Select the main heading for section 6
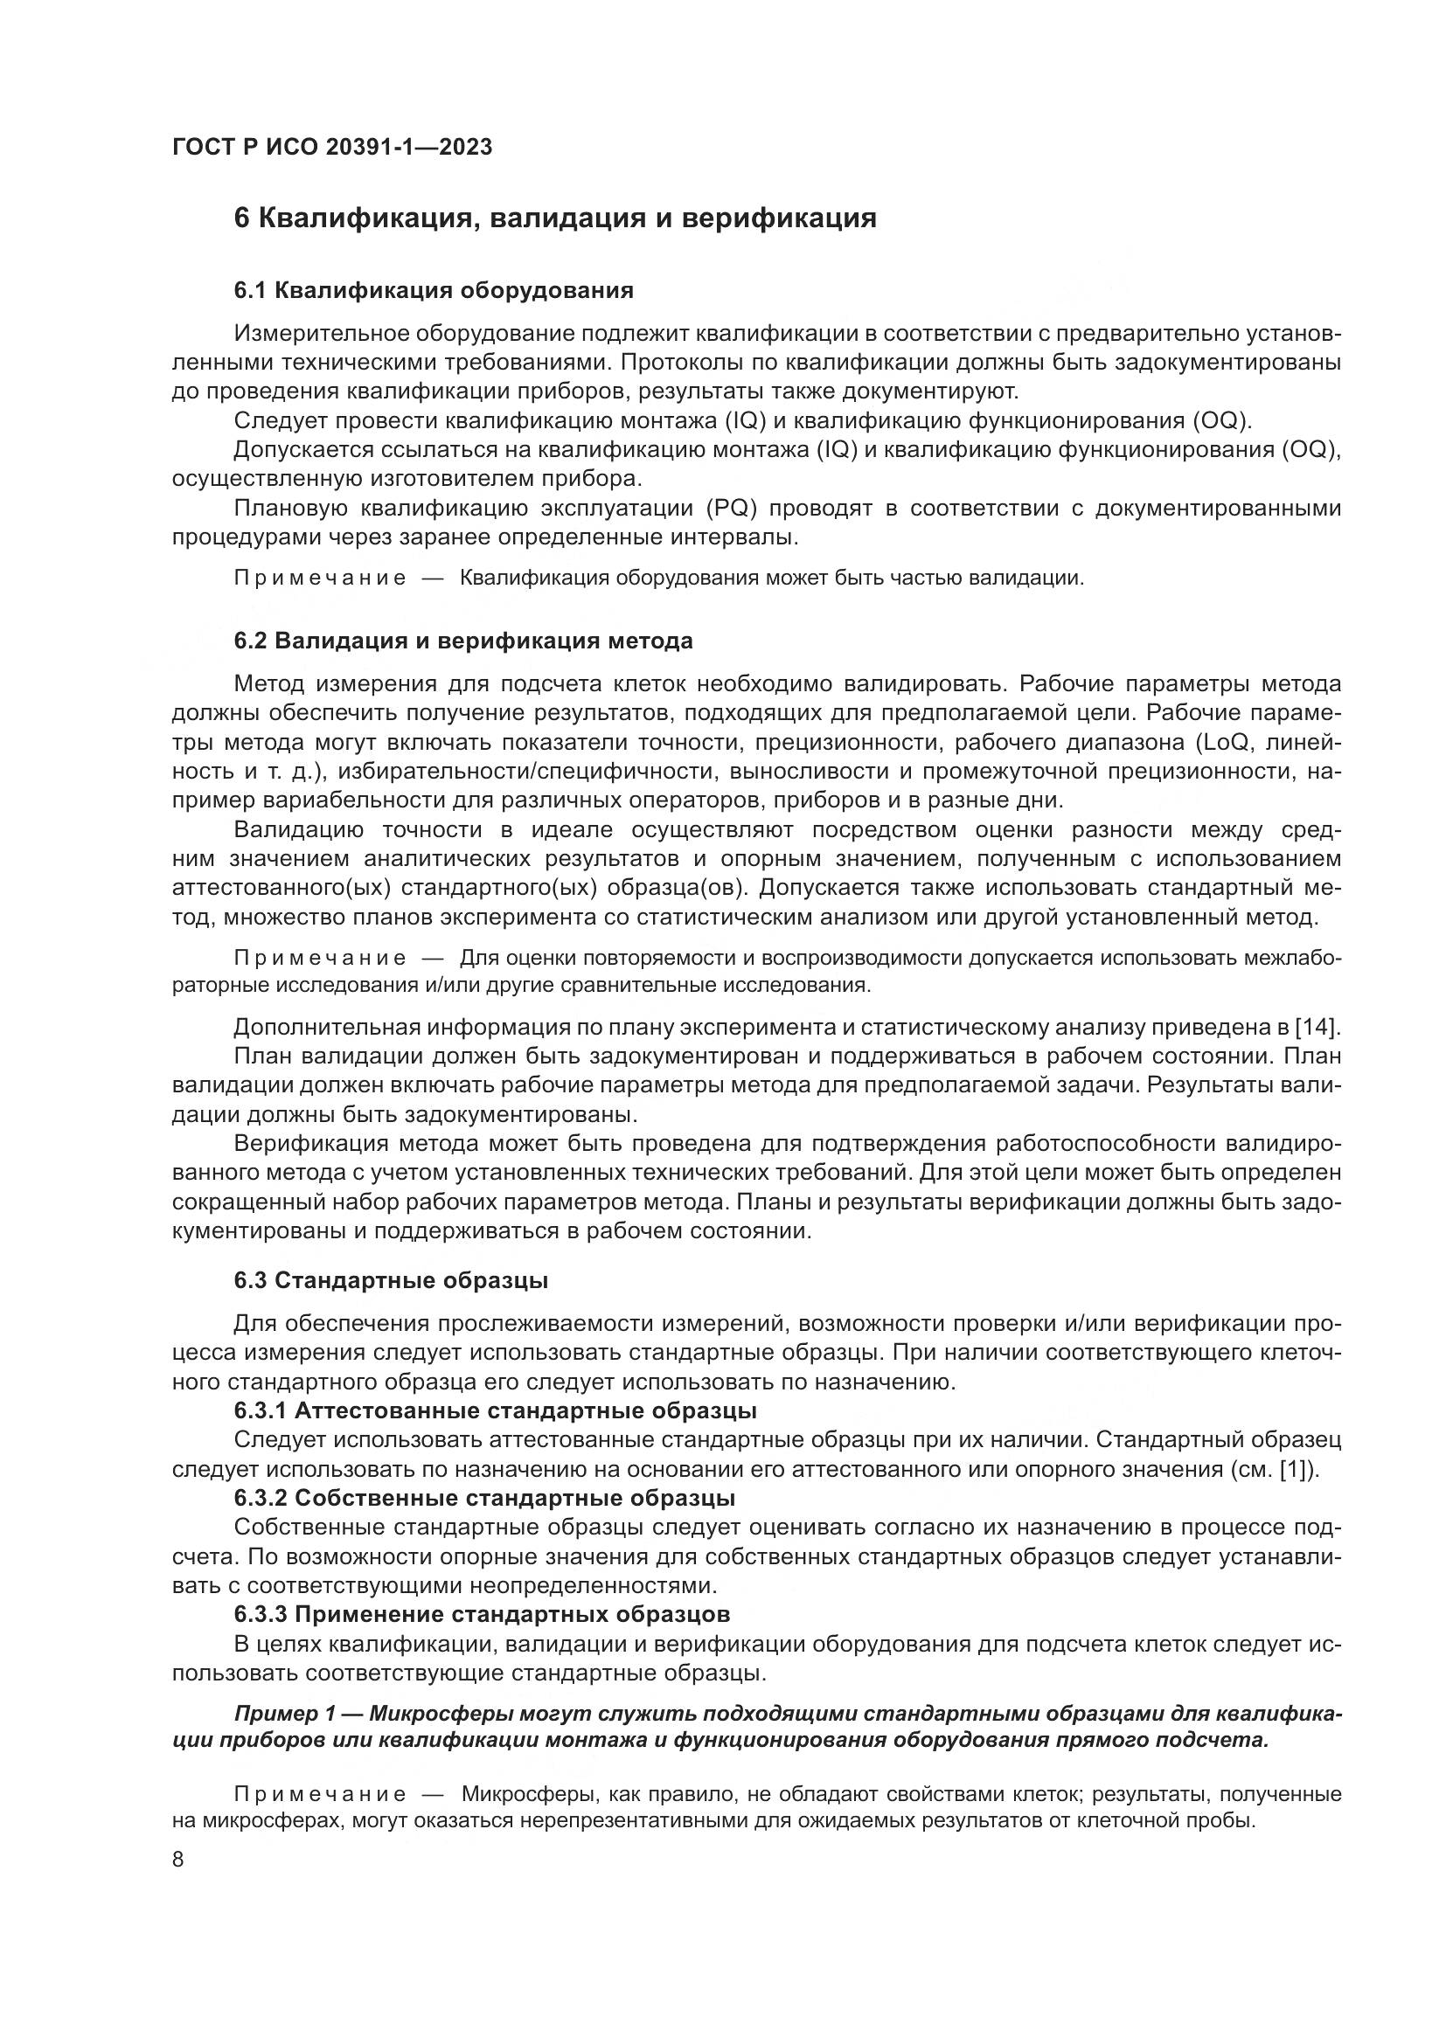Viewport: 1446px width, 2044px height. click(555, 218)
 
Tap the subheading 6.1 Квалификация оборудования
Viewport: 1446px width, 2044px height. click(434, 290)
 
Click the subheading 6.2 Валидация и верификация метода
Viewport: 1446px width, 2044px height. click(463, 641)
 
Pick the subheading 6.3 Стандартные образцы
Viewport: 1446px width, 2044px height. click(391, 1280)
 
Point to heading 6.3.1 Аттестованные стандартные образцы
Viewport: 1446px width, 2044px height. click(495, 1410)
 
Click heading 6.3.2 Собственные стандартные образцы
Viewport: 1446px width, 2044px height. click(484, 1498)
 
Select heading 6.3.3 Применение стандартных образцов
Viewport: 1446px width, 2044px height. click(482, 1613)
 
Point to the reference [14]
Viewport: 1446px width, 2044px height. click(1317, 1027)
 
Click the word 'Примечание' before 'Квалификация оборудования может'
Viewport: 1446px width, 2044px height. click(320, 578)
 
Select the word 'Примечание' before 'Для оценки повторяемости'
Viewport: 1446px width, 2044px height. click(320, 958)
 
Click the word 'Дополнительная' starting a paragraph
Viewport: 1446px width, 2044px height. click(327, 1027)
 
